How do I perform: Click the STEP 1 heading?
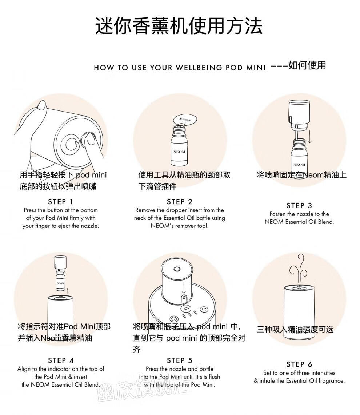pos(60,202)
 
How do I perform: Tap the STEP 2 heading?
pos(180,202)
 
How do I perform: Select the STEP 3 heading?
pos(299,206)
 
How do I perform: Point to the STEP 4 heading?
pos(61,360)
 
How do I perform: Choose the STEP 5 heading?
pos(180,360)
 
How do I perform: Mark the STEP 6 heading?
pos(299,364)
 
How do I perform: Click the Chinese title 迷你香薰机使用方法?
pos(179,26)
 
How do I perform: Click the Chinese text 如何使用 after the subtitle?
pos(307,65)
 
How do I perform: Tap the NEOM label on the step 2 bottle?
pos(179,152)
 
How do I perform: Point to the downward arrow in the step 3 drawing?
pos(309,134)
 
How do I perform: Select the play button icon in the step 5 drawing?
pos(186,309)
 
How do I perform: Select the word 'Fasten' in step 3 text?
pos(277,214)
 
